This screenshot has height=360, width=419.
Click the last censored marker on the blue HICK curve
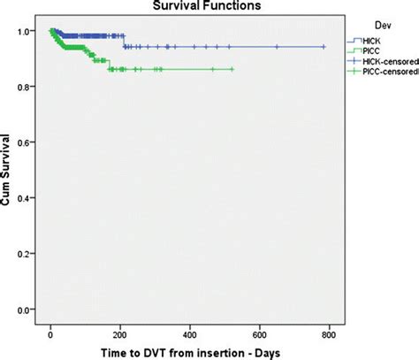click(324, 47)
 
